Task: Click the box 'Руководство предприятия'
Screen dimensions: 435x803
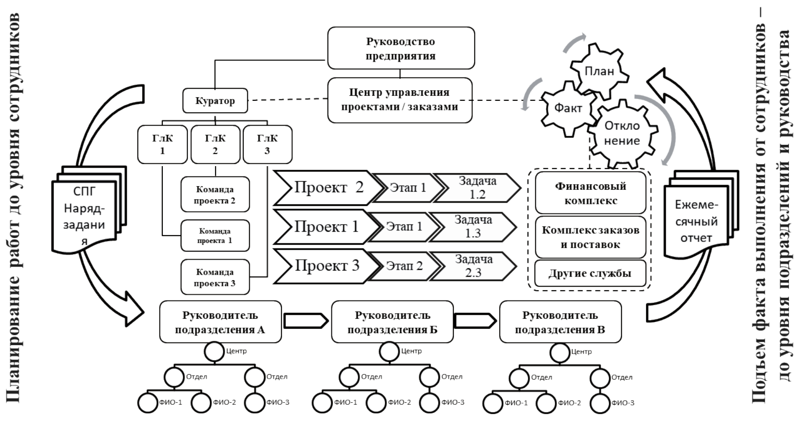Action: pos(401,48)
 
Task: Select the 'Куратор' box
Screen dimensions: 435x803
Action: pos(215,101)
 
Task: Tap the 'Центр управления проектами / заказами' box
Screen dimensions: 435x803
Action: pos(400,100)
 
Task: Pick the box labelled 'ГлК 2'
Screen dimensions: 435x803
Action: pos(215,144)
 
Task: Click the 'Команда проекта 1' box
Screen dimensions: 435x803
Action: pos(215,236)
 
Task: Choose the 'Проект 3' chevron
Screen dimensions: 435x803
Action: pos(326,266)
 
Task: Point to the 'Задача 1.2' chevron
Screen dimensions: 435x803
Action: pos(477,188)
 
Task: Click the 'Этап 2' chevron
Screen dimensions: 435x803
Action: pos(404,266)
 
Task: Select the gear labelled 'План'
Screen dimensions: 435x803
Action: pos(599,71)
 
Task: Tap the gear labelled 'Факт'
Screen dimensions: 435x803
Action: pos(568,108)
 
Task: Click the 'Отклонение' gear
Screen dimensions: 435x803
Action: pos(622,133)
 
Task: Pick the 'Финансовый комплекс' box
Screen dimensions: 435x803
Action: pos(590,193)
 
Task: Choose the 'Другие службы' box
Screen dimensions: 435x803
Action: pos(590,273)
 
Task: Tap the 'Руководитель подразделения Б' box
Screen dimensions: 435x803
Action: pos(392,322)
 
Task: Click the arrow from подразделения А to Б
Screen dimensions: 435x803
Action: pos(306,321)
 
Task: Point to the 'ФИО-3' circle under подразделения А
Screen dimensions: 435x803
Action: pos(255,403)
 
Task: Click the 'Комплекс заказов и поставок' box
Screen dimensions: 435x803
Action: pos(590,237)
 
